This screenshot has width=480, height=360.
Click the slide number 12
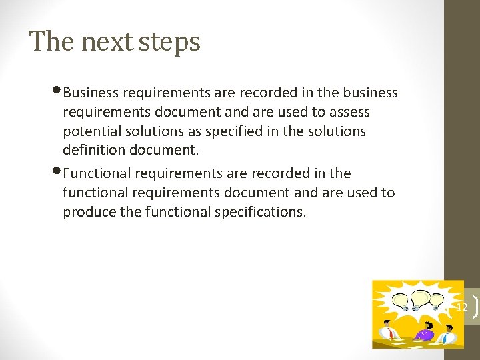coord(461,307)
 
